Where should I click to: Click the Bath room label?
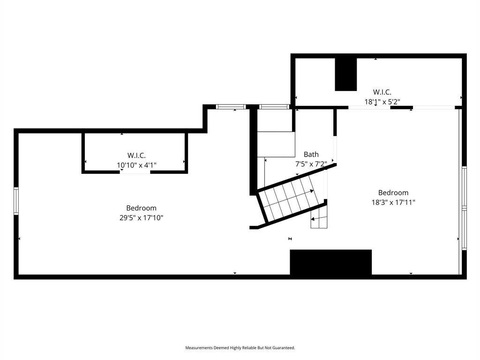pos(311,154)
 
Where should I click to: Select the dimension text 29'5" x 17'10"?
pos(141,217)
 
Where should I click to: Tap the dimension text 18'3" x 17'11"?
pos(393,202)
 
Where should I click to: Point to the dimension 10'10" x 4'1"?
pos(136,165)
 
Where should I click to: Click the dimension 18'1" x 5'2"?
pos(382,101)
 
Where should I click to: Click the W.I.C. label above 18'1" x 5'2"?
pos(382,92)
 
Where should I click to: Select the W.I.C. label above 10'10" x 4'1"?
pos(136,155)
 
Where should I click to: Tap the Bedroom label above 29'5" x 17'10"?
pos(141,208)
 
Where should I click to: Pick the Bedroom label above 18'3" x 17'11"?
pos(393,193)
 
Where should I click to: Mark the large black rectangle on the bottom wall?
pos(330,262)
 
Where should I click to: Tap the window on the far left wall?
pos(16,201)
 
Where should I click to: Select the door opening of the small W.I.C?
pos(135,172)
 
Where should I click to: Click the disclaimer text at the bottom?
pos(240,348)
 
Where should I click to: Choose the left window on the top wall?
pos(231,107)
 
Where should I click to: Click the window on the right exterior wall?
pos(464,208)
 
